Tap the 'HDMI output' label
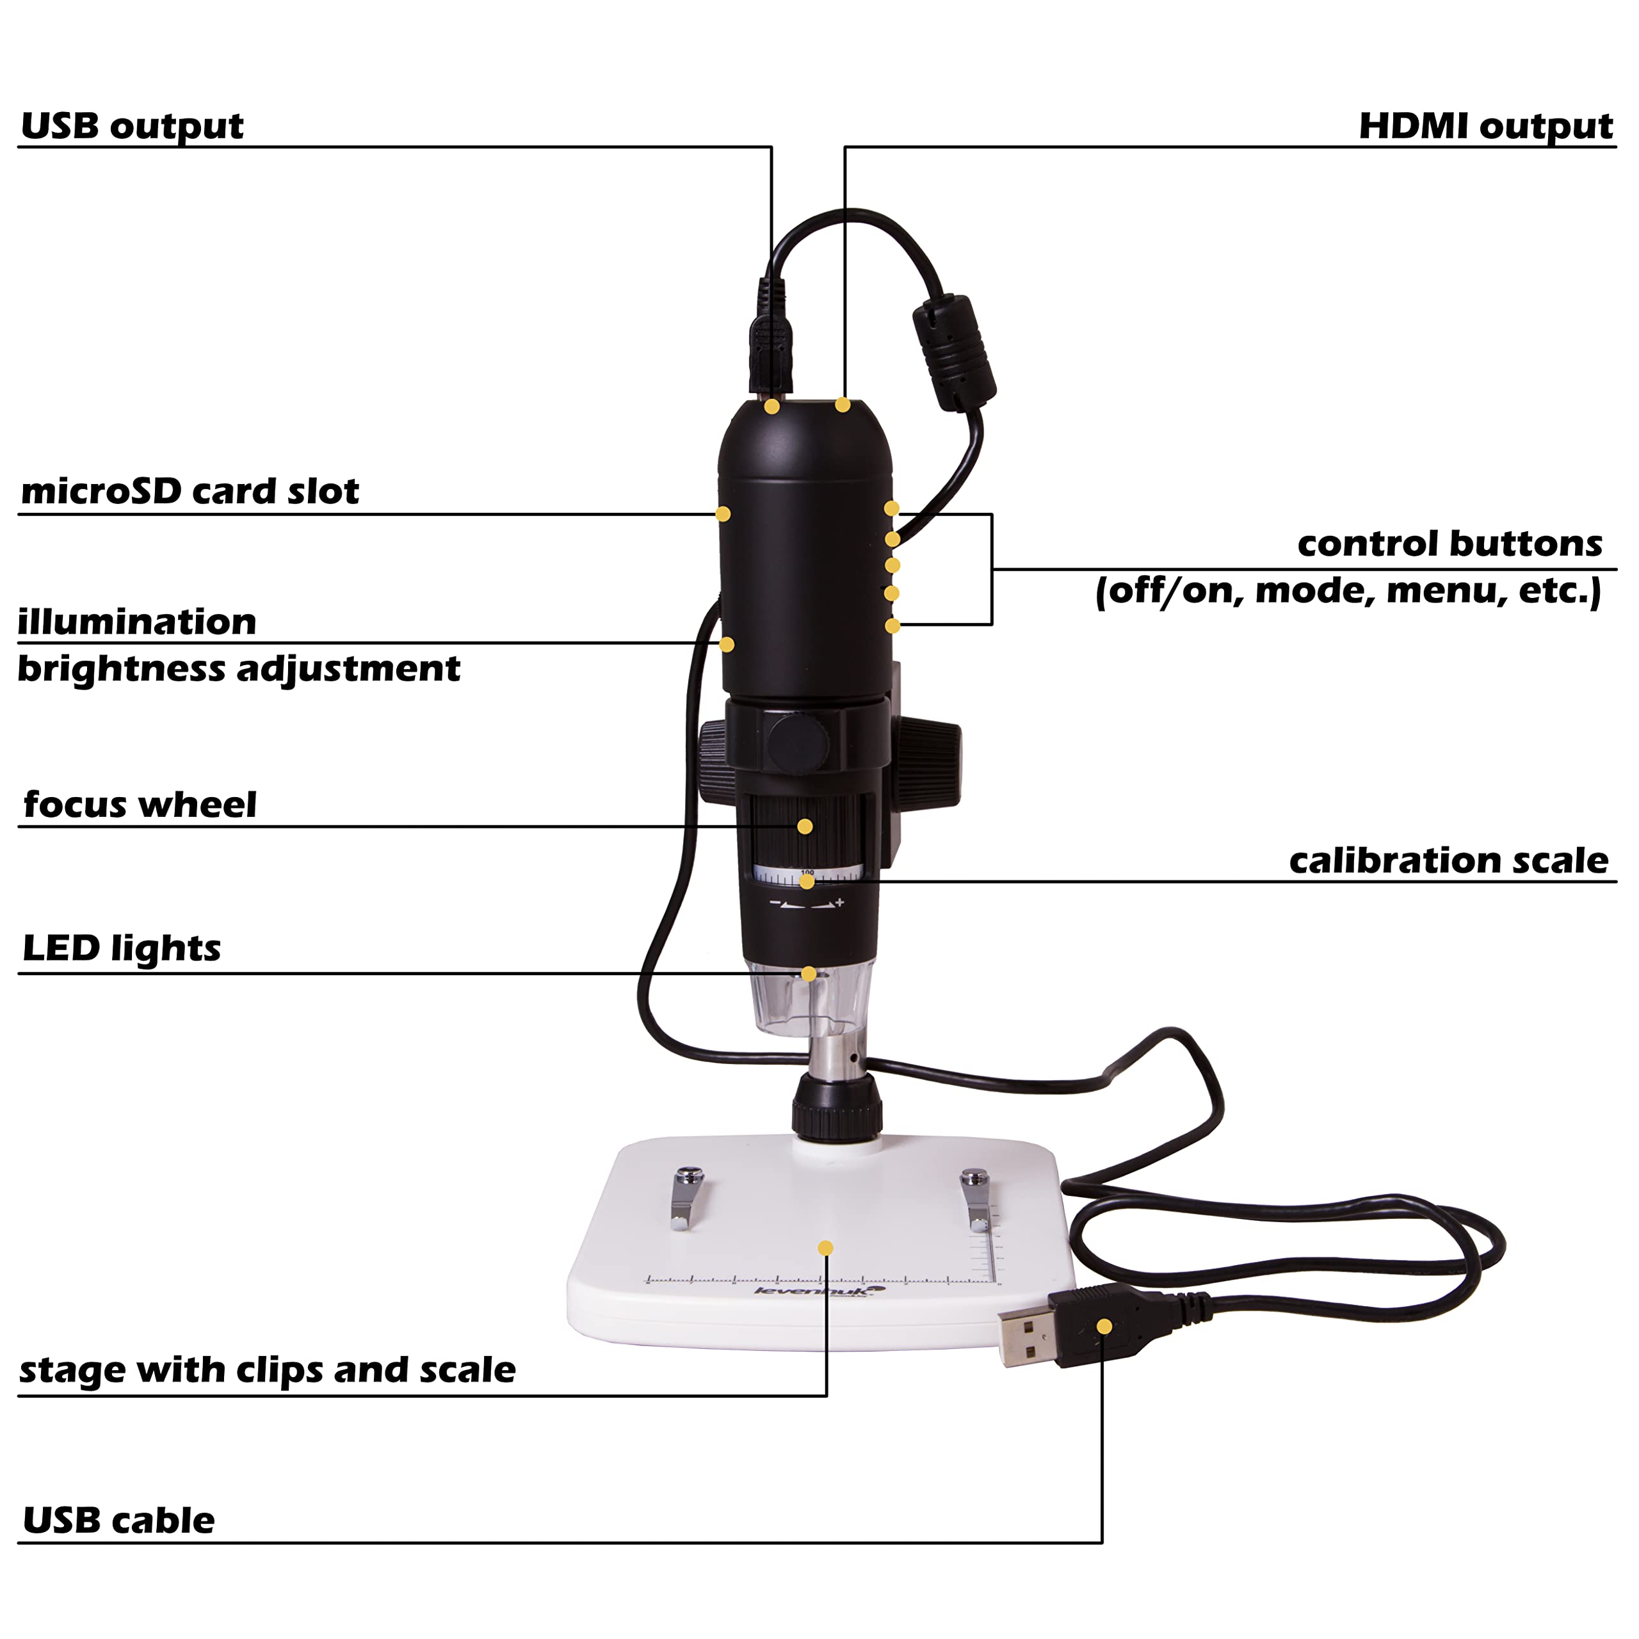pos(1485,126)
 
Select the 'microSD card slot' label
pos(190,491)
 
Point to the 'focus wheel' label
pos(140,804)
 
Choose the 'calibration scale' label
pos(1449,860)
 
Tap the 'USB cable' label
pos(119,1520)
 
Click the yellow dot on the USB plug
pos(1104,1327)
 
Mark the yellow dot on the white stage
pos(825,1248)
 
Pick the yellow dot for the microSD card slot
pos(723,514)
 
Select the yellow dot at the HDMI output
pos(843,405)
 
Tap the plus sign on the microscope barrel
pos(840,903)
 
